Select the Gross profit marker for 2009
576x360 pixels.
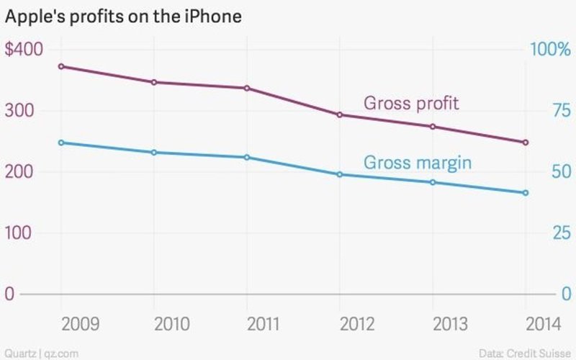point(61,66)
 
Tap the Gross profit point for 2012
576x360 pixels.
point(340,114)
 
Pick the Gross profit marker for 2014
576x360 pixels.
point(526,143)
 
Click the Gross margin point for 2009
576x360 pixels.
point(61,143)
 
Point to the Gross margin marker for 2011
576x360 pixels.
point(247,157)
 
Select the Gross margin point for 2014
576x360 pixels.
point(526,193)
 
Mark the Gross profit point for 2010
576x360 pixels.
point(154,82)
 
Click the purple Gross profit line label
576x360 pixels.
point(411,103)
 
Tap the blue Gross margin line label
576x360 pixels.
point(418,163)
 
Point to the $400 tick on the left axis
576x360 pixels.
point(24,50)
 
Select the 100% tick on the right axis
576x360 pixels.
point(549,50)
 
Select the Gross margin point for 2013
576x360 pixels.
point(433,182)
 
